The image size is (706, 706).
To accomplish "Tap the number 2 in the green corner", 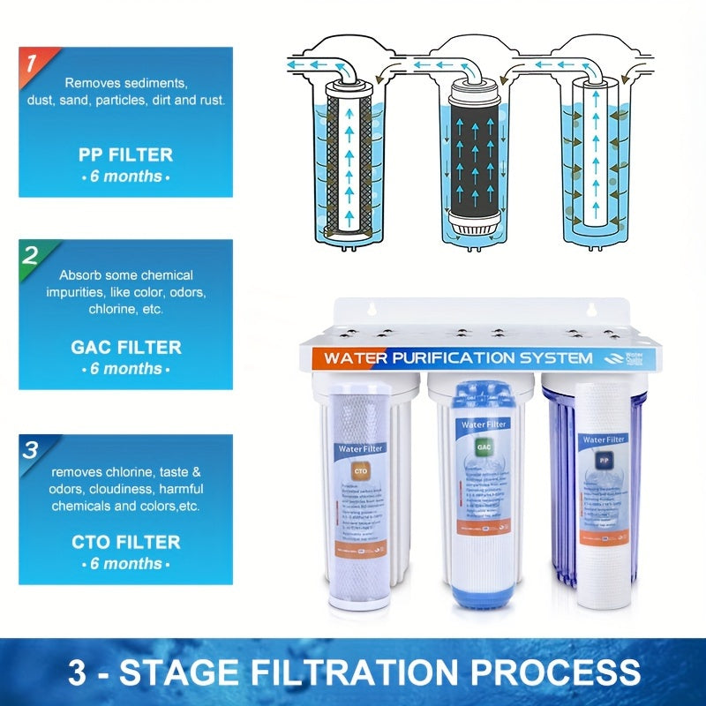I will coord(30,256).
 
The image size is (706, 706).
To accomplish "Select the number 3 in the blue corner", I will coord(30,450).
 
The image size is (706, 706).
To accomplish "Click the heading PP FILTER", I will coord(125,154).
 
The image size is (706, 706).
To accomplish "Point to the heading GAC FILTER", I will coord(125,348).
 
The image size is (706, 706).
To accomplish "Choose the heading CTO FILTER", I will coord(125,542).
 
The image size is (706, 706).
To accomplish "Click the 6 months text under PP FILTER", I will coord(125,176).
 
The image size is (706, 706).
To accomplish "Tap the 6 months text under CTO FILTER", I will coord(125,564).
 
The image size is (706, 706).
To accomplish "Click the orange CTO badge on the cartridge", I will coord(358,469).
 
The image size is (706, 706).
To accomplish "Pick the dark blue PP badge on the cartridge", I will coord(604,460).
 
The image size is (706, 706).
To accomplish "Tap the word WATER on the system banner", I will coord(356,358).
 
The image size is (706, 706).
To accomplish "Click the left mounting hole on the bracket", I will coord(372,310).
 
